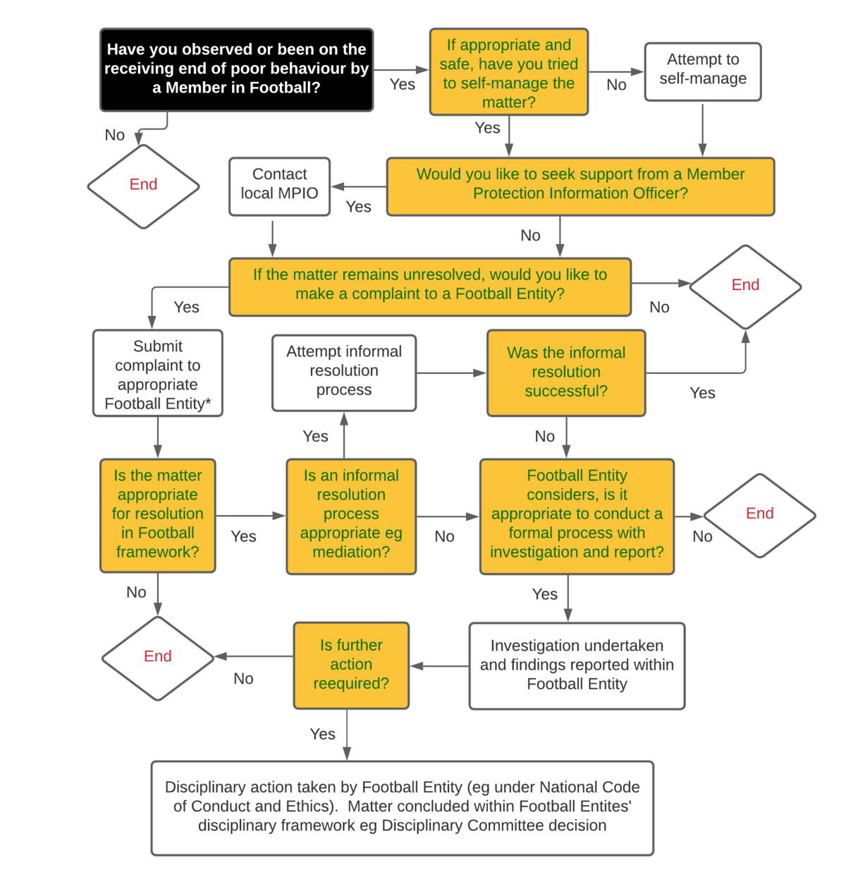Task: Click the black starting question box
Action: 236,69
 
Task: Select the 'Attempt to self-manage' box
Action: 703,71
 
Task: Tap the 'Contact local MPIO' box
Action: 279,186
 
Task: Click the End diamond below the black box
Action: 143,186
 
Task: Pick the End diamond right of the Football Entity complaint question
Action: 745,286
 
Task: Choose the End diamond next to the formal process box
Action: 759,514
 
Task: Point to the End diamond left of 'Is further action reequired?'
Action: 157,657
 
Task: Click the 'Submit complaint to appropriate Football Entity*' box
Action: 158,374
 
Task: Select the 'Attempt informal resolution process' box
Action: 344,372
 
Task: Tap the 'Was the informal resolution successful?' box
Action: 566,373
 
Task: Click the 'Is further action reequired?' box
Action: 351,665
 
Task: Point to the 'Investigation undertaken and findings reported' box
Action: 577,665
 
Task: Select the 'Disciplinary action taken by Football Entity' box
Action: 402,807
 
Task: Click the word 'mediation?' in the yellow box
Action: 351,552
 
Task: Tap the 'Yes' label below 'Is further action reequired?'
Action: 322,734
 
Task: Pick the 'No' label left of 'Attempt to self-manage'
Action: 616,85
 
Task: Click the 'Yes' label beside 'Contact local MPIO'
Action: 358,207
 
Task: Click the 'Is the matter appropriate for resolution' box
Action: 158,514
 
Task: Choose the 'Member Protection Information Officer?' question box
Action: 580,185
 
